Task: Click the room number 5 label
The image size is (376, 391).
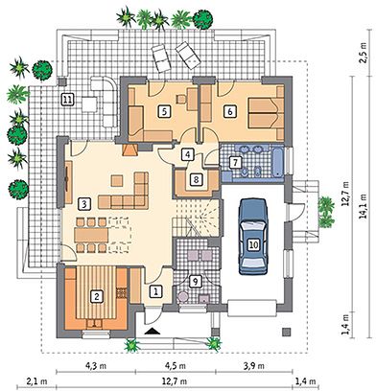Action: [x=165, y=111]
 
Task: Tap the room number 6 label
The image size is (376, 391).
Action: [x=230, y=111]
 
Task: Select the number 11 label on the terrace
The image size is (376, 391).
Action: [x=67, y=100]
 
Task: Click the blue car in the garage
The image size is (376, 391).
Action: [x=253, y=237]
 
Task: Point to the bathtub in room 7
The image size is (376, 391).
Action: [x=277, y=162]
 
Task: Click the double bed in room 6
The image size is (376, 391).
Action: [x=264, y=112]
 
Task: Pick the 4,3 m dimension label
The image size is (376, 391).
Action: [x=96, y=366]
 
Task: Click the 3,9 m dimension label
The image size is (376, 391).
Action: [x=254, y=366]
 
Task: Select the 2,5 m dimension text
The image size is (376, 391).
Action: [x=364, y=55]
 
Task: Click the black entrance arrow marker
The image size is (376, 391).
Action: [x=153, y=331]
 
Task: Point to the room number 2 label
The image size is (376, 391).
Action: [x=96, y=296]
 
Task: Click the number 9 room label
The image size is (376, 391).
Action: [x=195, y=282]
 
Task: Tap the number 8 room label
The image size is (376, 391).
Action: [x=196, y=179]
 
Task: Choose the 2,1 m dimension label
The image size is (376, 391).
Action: [x=36, y=381]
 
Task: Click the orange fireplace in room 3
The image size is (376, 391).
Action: [x=129, y=149]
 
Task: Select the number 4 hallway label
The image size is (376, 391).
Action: [x=188, y=154]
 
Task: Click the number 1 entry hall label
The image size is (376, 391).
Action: [x=156, y=291]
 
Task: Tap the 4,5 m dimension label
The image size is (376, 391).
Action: [x=175, y=366]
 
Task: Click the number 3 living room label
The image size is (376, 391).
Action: [x=84, y=203]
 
